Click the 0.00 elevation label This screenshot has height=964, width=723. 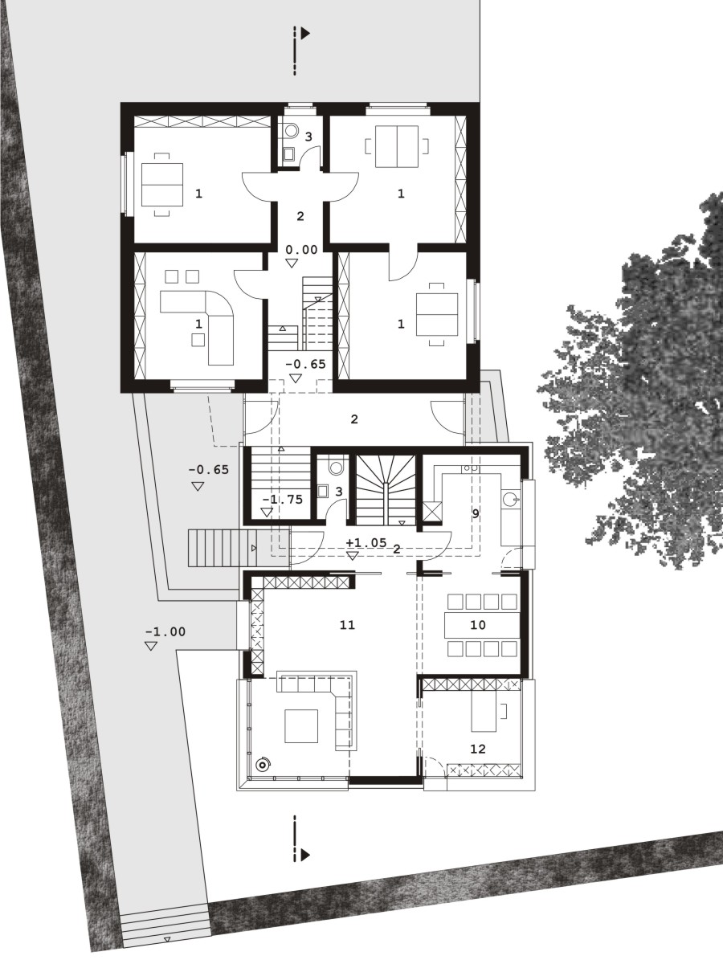pos(301,250)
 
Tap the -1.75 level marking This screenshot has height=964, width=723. pos(282,500)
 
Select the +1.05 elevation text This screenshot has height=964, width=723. pos(366,543)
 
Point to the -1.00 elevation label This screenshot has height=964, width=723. pos(165,632)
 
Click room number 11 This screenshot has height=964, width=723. pos(347,624)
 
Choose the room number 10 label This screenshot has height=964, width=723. pos(478,624)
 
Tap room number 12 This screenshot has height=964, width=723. pos(478,749)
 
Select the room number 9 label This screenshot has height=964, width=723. pos(476,513)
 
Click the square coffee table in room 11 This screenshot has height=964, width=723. pos(301,726)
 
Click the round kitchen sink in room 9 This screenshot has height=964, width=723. pos(510,499)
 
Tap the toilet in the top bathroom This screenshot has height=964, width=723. pos(291,129)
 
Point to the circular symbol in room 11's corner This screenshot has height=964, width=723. pos(263,765)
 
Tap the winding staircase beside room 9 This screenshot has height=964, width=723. pos(386,490)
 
